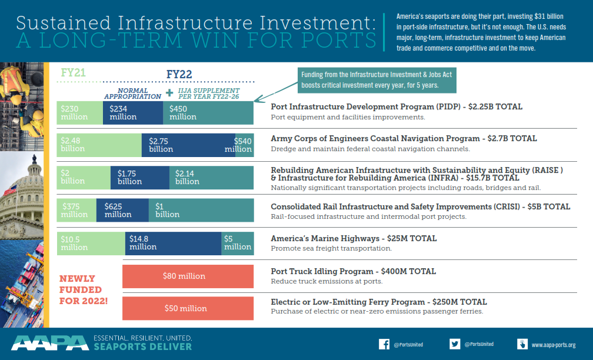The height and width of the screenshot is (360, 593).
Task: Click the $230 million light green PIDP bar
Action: pos(79,112)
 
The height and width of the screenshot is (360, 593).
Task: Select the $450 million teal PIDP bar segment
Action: pos(208,112)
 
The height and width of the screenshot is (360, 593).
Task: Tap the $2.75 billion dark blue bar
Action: pos(188,145)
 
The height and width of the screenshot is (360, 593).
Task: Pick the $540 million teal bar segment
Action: pos(244,145)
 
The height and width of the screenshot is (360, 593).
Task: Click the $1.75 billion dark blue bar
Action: pos(139,177)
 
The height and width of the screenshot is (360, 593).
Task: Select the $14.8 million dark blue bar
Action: pos(173,243)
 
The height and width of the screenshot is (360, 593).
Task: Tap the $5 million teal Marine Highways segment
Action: pos(238,243)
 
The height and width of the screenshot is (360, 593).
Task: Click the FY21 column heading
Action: pos(74,73)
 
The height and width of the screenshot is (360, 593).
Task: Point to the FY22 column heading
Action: pos(179,74)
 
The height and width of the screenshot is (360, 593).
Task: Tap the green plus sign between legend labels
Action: pos(169,93)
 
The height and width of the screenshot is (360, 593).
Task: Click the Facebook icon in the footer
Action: pos(384,344)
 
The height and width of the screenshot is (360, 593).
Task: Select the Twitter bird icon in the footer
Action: pos(455,344)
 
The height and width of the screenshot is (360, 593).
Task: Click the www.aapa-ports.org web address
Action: pos(553,345)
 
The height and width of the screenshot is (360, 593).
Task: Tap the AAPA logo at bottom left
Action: pos(49,343)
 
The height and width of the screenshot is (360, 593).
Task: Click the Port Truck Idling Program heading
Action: pos(353,271)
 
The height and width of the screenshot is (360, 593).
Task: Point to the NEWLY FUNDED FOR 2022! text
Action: pos(83,289)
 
